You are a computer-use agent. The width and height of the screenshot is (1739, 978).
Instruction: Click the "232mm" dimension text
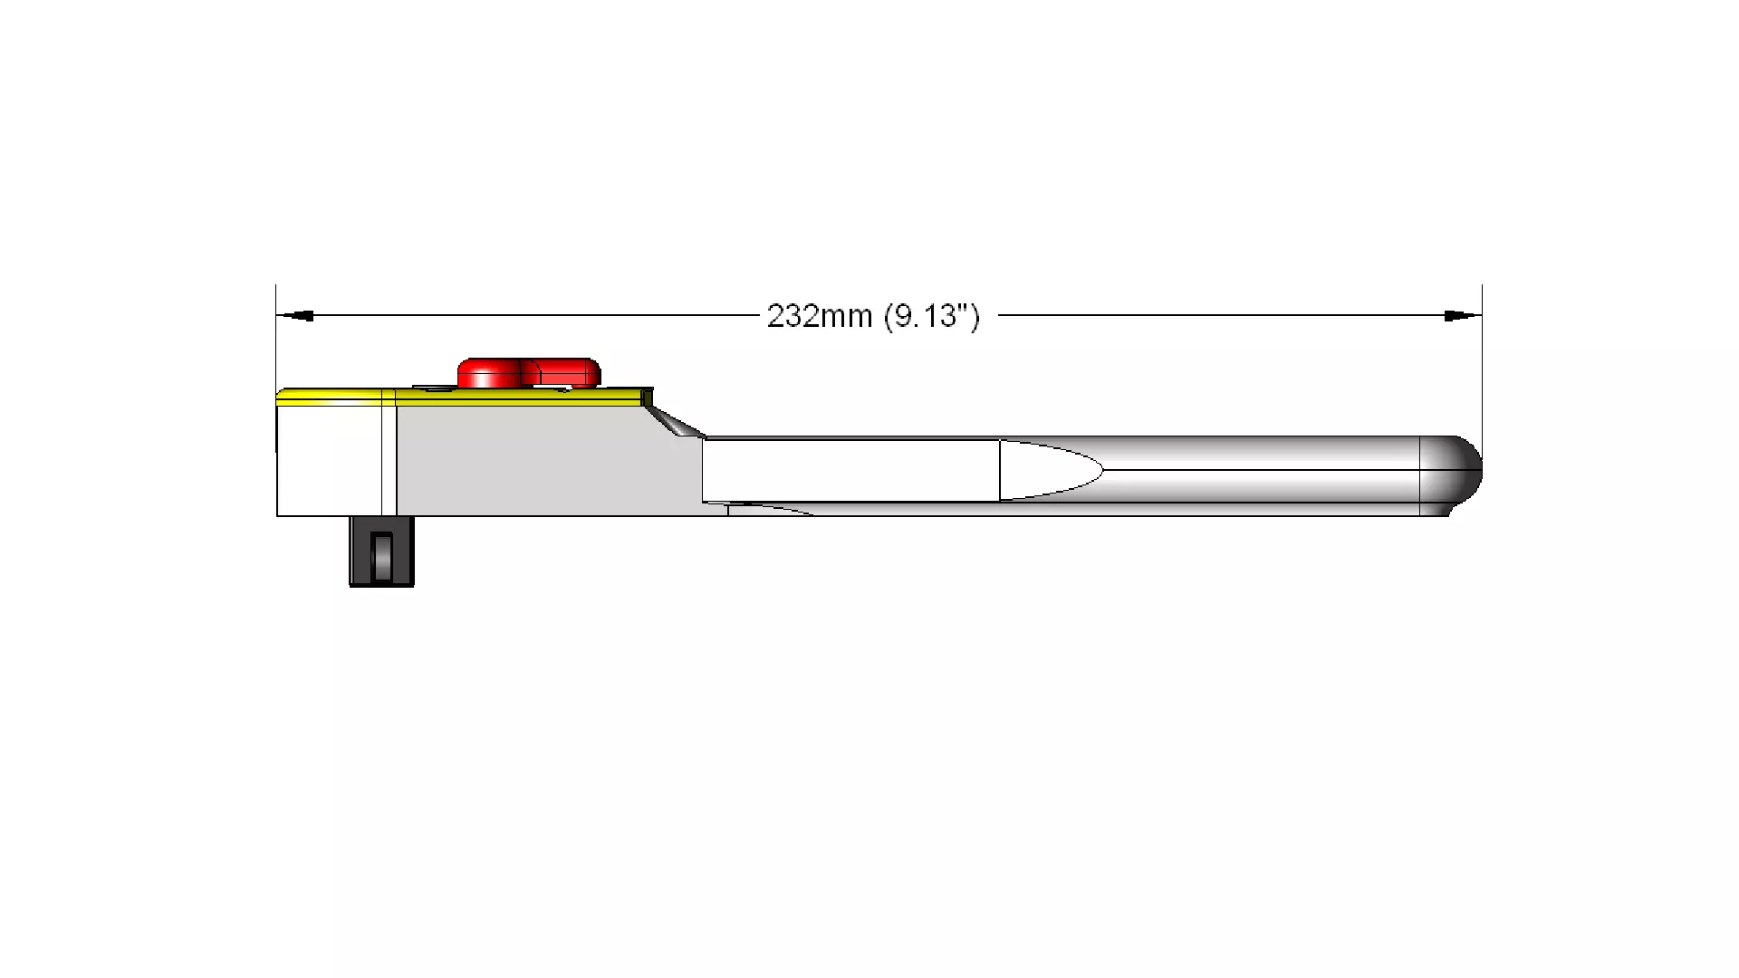coord(819,316)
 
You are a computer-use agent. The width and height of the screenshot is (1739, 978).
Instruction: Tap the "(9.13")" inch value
coord(932,316)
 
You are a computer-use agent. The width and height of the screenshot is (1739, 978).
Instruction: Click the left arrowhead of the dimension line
coord(295,316)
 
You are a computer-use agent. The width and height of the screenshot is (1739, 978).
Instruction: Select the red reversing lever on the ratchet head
coord(529,373)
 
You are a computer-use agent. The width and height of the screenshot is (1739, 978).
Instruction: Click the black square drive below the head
coord(381,551)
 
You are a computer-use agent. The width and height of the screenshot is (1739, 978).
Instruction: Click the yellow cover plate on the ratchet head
coord(462,395)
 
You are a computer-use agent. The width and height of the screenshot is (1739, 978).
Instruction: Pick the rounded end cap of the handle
coord(1451,475)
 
